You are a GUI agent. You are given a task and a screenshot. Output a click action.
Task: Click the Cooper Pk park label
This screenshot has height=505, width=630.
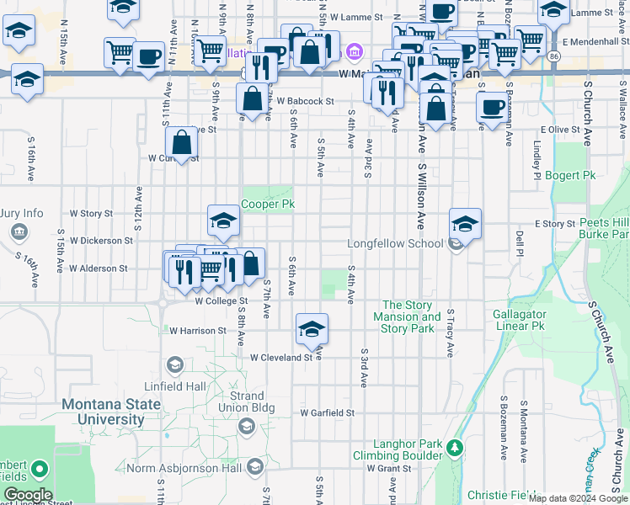tap(268, 205)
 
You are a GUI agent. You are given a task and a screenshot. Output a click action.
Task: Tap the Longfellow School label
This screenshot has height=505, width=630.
tap(396, 244)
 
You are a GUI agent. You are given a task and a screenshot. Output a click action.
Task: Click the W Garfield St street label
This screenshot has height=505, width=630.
tap(328, 413)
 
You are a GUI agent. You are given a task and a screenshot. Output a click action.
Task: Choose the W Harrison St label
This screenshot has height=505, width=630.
tap(197, 331)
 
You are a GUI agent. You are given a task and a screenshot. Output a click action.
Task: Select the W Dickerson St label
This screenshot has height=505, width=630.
tap(101, 240)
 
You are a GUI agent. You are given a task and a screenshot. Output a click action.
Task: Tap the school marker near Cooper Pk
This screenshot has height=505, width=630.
tap(223, 221)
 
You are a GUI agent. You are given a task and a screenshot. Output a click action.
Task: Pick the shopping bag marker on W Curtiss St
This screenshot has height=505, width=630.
tap(181, 144)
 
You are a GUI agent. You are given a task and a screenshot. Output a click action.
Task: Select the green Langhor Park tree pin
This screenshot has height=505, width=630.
tap(456, 448)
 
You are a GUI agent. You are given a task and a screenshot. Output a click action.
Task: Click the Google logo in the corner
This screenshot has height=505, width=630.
tap(28, 495)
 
